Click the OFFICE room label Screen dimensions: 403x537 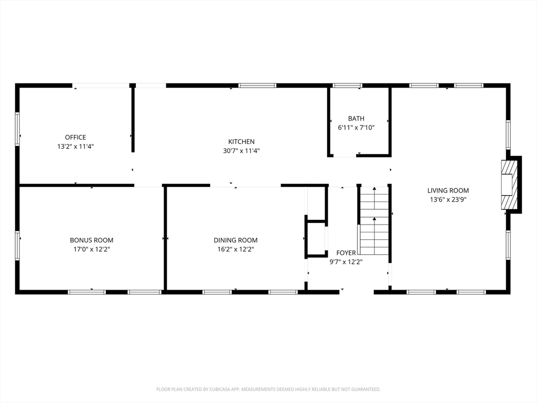(x=76, y=137)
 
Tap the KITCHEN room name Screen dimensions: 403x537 (x=241, y=142)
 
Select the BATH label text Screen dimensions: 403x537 (x=356, y=119)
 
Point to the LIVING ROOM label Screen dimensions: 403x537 (x=448, y=190)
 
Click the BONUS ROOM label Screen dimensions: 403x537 (x=92, y=240)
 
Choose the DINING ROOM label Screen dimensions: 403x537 (x=235, y=240)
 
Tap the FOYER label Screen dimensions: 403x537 (x=346, y=253)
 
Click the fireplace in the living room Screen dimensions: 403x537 (x=509, y=185)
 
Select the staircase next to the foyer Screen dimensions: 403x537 (x=374, y=220)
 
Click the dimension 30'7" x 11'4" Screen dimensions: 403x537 (x=241, y=151)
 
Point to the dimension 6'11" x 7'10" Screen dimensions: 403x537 (x=356, y=128)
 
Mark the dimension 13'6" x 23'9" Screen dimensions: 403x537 (x=448, y=199)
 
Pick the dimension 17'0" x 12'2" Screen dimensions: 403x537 (x=92, y=249)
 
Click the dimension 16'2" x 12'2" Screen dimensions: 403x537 (x=235, y=249)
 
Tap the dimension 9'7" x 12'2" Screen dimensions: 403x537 (x=346, y=261)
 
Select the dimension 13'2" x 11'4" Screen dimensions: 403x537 (x=76, y=146)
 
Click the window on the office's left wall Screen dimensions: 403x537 (x=17, y=129)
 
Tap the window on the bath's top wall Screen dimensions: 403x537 (x=347, y=85)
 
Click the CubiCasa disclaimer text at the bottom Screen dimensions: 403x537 (x=268, y=389)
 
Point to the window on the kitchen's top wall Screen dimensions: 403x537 (x=257, y=85)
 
